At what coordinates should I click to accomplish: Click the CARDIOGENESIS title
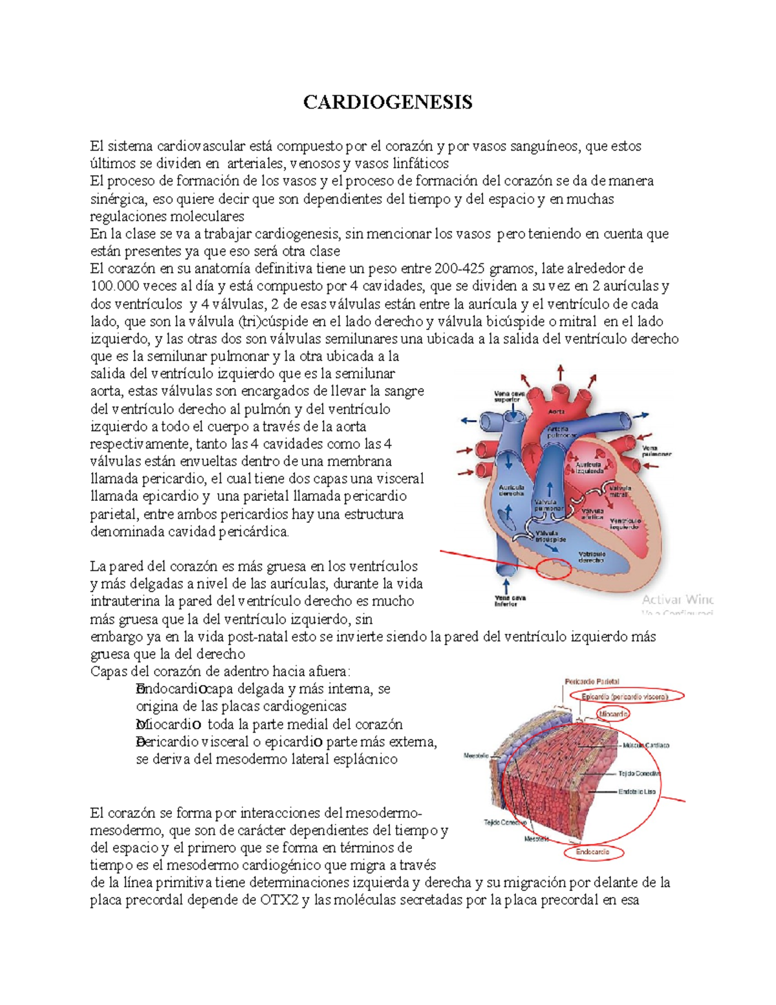(x=388, y=102)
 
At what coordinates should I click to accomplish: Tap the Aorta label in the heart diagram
(x=556, y=411)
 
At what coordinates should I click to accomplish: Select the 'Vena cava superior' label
(x=507, y=396)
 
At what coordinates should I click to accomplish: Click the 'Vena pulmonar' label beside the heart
(x=656, y=451)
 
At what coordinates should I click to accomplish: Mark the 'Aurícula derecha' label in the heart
(x=510, y=490)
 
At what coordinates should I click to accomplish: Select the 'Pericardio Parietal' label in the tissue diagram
(x=592, y=681)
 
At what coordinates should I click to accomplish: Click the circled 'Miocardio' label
(x=612, y=714)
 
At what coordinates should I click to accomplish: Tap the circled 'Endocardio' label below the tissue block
(x=592, y=852)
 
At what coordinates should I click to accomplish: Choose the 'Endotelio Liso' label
(x=637, y=791)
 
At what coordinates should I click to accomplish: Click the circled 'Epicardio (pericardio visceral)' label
(x=624, y=697)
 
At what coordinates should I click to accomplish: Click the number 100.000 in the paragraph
(x=114, y=286)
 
